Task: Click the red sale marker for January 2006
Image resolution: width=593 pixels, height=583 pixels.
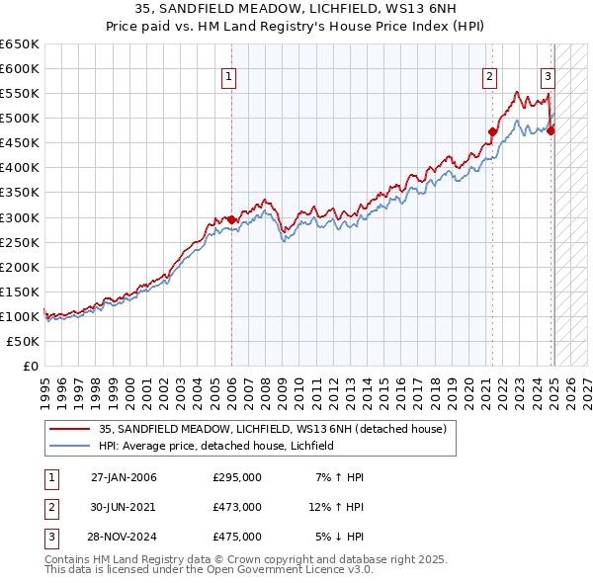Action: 231,219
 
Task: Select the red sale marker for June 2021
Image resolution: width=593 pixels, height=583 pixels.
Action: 491,130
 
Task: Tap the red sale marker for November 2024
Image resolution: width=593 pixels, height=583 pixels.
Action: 551,129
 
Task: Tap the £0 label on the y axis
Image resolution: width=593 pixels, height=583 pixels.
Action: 32,366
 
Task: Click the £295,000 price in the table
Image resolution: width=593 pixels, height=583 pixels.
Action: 237,477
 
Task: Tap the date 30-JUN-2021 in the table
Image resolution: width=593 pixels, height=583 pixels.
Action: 124,507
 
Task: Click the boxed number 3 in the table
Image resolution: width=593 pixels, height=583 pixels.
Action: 49,537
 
